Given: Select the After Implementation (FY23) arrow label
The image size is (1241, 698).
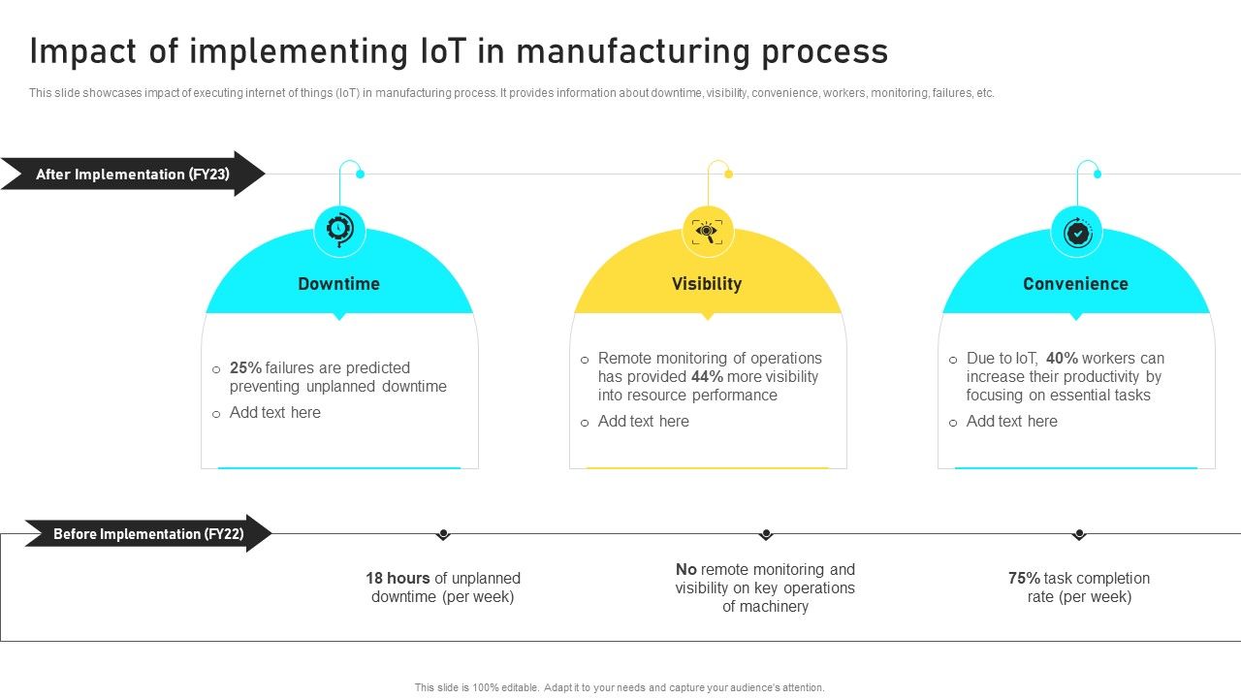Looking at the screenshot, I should pyautogui.click(x=133, y=174).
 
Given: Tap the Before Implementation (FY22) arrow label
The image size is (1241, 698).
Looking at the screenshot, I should pyautogui.click(x=148, y=534).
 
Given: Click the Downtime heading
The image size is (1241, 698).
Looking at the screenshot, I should pyautogui.click(x=338, y=284).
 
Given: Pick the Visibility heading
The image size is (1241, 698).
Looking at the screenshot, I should pyautogui.click(x=707, y=284).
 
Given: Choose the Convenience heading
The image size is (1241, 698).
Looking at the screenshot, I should pyautogui.click(x=1075, y=284).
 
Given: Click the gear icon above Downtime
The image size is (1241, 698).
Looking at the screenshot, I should pyautogui.click(x=339, y=231).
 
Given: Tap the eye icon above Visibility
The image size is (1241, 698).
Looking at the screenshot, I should pyautogui.click(x=708, y=231).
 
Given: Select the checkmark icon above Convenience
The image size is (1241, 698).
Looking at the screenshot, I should pyautogui.click(x=1076, y=232).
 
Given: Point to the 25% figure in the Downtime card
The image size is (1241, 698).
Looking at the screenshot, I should pyautogui.click(x=245, y=368).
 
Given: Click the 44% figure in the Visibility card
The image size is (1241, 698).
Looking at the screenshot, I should pyautogui.click(x=708, y=377).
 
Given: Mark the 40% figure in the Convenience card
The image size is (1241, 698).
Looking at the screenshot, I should pyautogui.click(x=1063, y=359).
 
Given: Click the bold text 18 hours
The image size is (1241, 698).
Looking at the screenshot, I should pyautogui.click(x=398, y=579).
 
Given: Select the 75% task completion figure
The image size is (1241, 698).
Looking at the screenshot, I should pyautogui.click(x=1024, y=579).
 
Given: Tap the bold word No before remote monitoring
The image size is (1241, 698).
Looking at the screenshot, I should pyautogui.click(x=686, y=570).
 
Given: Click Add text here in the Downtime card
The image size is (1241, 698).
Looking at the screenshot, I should pyautogui.click(x=274, y=413).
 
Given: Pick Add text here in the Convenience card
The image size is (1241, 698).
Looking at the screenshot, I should pyautogui.click(x=1011, y=422).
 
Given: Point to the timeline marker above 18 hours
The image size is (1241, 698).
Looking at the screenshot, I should pyautogui.click(x=443, y=534).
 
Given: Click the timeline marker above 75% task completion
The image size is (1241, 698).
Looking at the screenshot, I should pyautogui.click(x=1079, y=534).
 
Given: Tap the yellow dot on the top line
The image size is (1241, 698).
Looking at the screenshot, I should pyautogui.click(x=728, y=174).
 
